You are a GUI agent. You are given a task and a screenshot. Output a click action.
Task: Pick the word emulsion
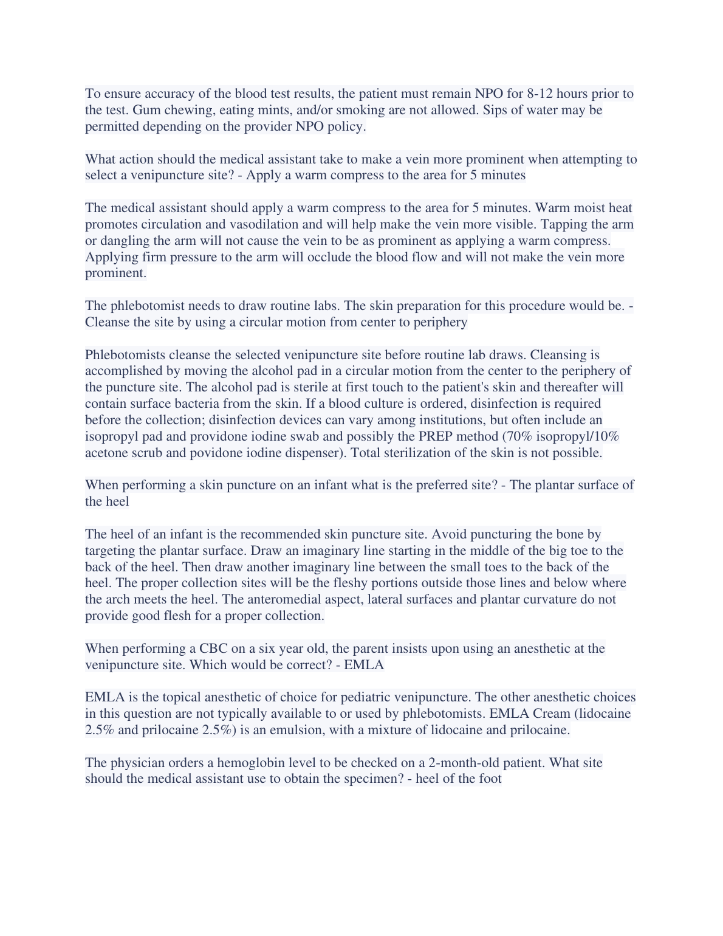[x=297, y=730]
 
